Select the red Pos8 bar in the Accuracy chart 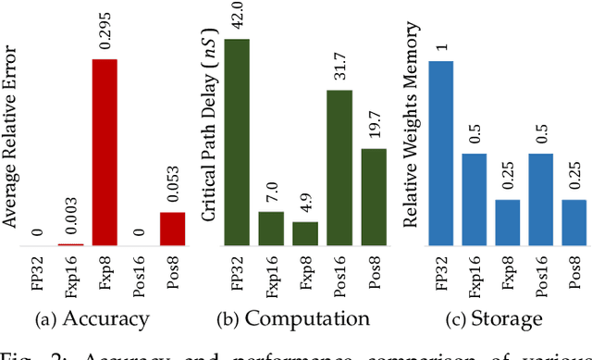coord(172,229)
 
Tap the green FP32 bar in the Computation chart coord(237,143)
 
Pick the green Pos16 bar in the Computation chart coord(339,168)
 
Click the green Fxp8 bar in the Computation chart coord(305,233)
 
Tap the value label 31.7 coord(340,69)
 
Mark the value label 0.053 coord(173,190)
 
